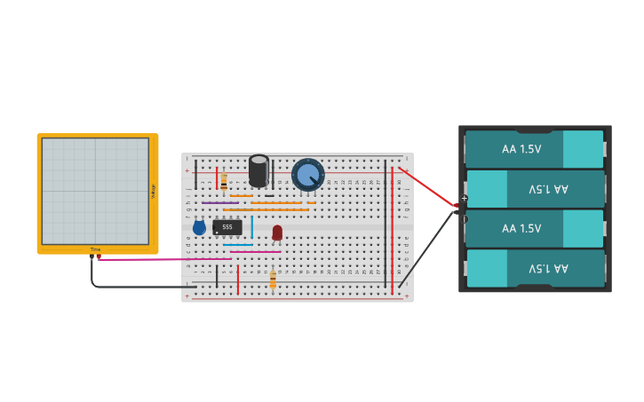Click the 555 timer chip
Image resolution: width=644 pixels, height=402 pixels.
point(227,227)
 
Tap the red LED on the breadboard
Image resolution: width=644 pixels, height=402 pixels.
point(277,232)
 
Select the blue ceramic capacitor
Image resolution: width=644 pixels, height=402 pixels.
point(199,228)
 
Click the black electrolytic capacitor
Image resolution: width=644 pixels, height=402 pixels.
point(258,170)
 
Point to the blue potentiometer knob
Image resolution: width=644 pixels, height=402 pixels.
point(308,175)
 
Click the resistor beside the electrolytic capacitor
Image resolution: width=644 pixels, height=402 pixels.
point(224,182)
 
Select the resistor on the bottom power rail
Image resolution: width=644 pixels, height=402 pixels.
point(273,280)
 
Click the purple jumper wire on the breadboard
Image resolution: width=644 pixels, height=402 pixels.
point(219,202)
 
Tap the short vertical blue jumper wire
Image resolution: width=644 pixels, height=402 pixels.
point(251,226)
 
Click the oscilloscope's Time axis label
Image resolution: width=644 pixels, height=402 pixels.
point(95,249)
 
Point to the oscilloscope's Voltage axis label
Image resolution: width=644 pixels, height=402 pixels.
point(153,191)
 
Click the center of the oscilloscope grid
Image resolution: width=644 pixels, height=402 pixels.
point(95,191)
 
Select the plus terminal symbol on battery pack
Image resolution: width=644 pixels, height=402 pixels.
point(464,198)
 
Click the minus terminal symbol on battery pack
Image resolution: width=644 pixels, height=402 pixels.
point(464,219)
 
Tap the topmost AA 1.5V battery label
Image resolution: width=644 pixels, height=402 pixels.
point(521,149)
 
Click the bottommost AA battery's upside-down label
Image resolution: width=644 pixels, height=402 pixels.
point(548,268)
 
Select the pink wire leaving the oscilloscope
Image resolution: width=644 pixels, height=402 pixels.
point(160,259)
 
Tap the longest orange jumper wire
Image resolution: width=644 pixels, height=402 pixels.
point(266,209)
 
